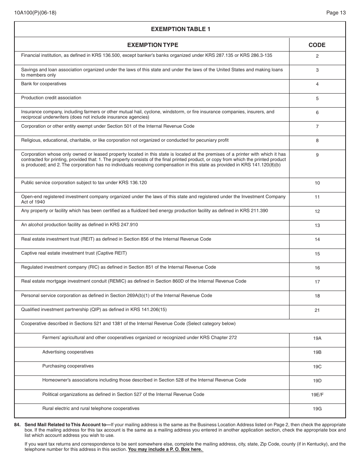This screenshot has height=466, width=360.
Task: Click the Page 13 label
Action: [x=336, y=13]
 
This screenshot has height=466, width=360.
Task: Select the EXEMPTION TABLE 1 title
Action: [x=180, y=29]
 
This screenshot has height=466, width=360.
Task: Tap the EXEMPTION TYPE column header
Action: [x=152, y=45]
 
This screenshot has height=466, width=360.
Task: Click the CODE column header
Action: [x=317, y=45]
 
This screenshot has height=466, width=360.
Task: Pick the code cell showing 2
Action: [x=317, y=56]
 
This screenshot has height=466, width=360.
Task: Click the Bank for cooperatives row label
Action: [x=44, y=84]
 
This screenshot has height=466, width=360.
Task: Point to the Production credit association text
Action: [x=51, y=98]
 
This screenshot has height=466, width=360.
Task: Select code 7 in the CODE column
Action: [x=317, y=127]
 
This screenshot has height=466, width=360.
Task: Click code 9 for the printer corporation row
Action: [x=317, y=155]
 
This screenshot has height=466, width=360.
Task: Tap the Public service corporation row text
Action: [x=84, y=183]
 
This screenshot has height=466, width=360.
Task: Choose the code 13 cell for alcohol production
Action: [x=317, y=225]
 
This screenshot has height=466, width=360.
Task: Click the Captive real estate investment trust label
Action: [x=74, y=253]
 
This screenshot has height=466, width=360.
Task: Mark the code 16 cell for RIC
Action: [x=317, y=268]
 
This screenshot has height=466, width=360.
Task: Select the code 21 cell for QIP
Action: [x=317, y=310]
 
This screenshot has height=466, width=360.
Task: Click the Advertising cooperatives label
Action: [x=68, y=352]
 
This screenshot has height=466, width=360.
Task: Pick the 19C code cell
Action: [x=317, y=367]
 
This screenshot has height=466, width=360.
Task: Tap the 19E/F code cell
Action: [x=317, y=395]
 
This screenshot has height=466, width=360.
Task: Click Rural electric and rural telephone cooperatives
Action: [x=91, y=408]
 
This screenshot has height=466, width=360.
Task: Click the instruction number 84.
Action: [x=17, y=425]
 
